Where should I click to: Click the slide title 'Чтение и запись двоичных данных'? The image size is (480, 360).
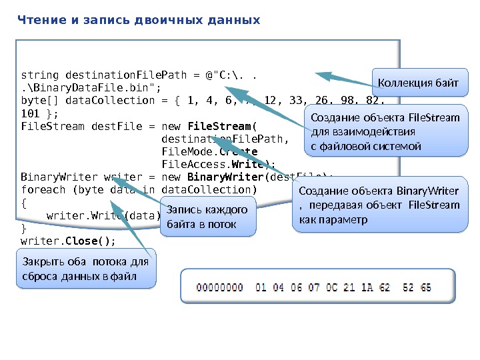click(x=138, y=20)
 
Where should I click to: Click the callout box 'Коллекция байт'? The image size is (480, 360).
click(x=419, y=83)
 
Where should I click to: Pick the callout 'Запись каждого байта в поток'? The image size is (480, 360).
click(x=208, y=217)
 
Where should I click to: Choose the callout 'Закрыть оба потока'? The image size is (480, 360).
click(x=84, y=269)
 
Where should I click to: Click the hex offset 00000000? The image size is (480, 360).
click(x=220, y=288)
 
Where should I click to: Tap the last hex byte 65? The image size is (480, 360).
click(x=425, y=288)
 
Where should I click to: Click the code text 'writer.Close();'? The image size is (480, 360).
click(x=68, y=241)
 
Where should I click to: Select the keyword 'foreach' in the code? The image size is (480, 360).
click(x=43, y=189)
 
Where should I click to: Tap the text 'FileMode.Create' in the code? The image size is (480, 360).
click(x=200, y=151)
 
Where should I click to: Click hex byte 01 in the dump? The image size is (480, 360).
click(x=261, y=288)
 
